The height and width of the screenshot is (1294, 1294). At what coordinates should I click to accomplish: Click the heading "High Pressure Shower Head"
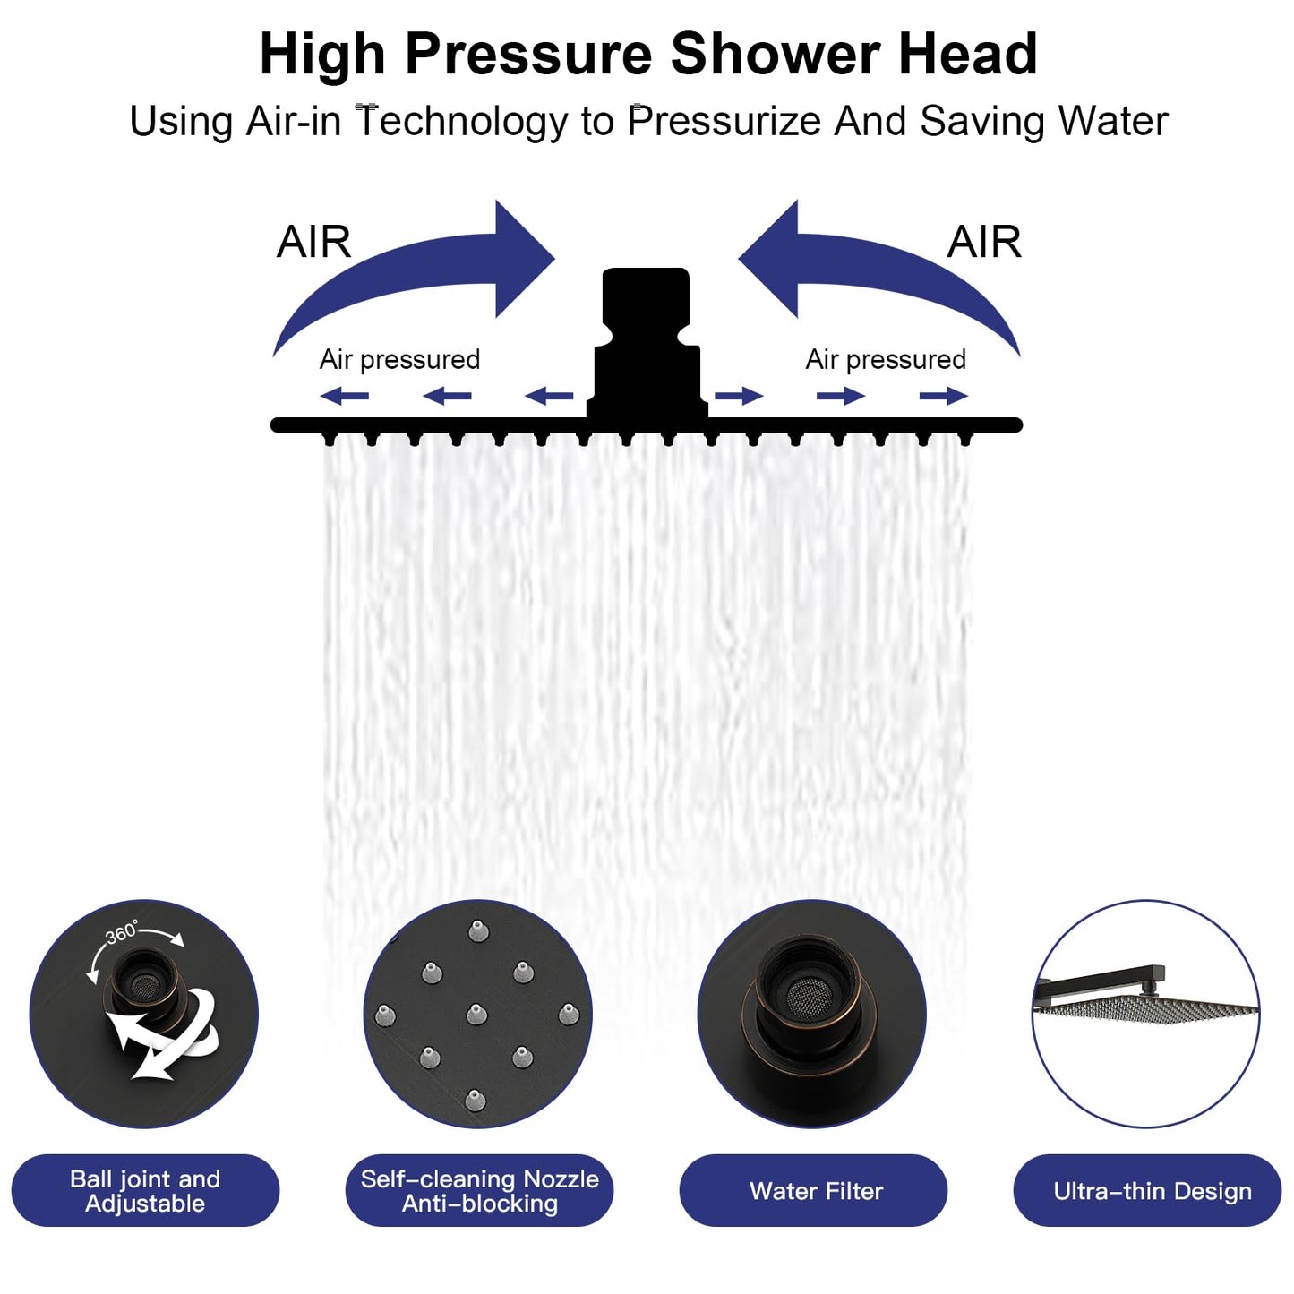(647, 54)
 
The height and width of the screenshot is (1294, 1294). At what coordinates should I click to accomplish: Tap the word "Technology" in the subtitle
(462, 122)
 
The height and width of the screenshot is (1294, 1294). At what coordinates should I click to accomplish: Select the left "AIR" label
(313, 242)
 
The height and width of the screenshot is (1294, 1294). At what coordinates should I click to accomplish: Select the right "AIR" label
(984, 242)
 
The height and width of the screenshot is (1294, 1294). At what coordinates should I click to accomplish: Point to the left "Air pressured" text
(399, 359)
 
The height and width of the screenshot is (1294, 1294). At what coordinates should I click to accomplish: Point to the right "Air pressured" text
(886, 359)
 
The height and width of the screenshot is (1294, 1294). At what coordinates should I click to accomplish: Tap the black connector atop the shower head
(646, 340)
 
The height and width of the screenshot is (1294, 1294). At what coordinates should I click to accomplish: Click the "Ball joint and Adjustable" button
(145, 1190)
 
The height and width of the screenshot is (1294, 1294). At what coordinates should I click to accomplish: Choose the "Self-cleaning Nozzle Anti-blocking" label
(479, 1190)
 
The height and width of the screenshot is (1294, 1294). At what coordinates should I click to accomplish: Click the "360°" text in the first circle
(122, 932)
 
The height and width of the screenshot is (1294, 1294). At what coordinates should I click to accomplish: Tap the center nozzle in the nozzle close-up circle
(476, 1014)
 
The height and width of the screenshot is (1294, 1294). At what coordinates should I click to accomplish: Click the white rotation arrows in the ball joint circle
(161, 1039)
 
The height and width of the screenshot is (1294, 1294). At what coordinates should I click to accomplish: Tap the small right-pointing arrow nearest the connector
(739, 396)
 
